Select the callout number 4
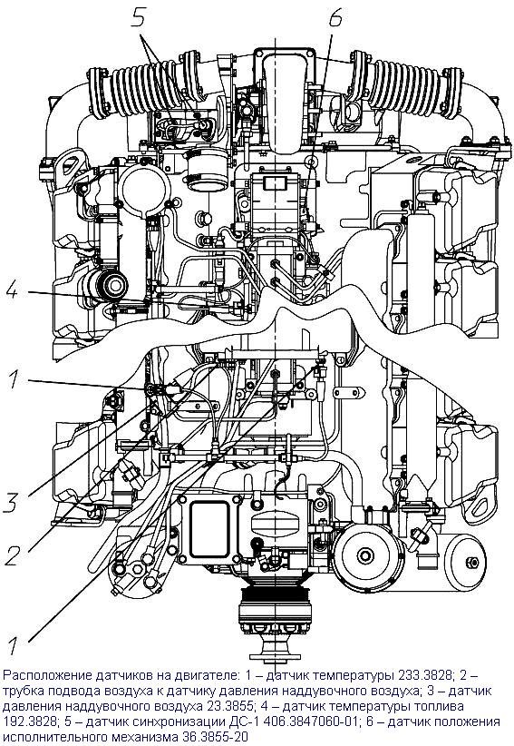[12, 290]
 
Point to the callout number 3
[11, 503]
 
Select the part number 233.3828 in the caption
[422, 674]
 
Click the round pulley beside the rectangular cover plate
[365, 555]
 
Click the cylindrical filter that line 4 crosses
[104, 287]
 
